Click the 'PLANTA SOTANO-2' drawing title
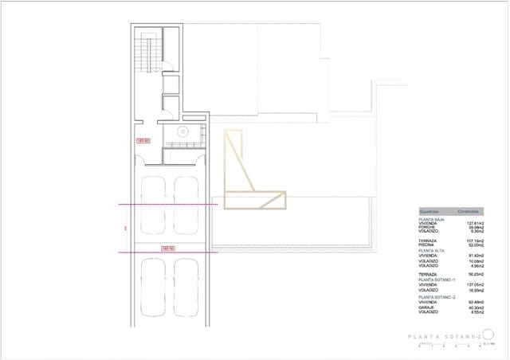(442, 337)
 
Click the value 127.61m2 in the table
(476, 223)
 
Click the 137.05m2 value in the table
(476, 284)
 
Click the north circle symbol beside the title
(488, 335)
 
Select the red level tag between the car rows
(168, 248)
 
